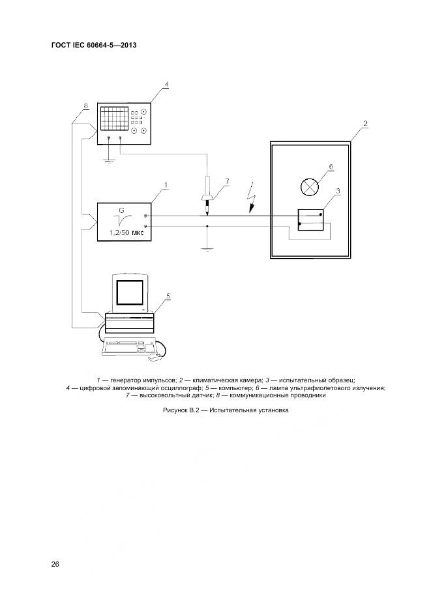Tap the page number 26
(x=55, y=564)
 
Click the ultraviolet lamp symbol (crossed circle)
(x=308, y=187)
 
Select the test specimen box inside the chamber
(x=310, y=219)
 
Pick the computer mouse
(x=154, y=358)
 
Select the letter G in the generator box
(x=121, y=210)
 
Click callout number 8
(x=85, y=106)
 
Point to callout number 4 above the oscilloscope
(x=166, y=85)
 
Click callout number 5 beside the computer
(x=168, y=296)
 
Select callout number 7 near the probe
(x=226, y=180)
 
